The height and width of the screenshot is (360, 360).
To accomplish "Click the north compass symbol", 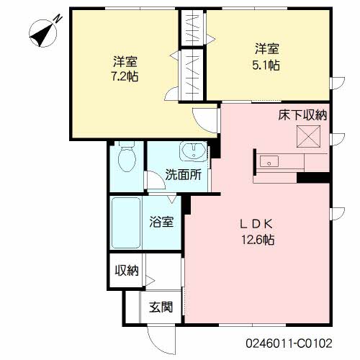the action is click(42, 33).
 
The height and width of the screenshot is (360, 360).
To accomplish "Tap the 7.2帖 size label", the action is click(125, 76).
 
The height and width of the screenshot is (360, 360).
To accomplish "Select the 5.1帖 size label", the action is click(266, 65).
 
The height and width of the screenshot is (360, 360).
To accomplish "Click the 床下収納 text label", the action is click(302, 115).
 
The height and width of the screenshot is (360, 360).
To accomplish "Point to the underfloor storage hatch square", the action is click(308, 136).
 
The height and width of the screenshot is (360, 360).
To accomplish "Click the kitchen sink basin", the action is click(269, 161).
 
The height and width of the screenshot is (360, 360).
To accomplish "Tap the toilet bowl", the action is click(127, 157).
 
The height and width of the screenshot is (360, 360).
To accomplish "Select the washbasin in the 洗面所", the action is click(193, 150).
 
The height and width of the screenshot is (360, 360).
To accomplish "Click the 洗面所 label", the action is click(184, 175).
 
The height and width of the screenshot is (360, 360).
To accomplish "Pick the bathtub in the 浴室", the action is click(125, 223).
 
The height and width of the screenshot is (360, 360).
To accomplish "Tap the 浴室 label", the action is click(161, 222).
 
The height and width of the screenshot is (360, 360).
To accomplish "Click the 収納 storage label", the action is click(127, 271).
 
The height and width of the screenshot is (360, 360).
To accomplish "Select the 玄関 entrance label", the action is click(161, 307).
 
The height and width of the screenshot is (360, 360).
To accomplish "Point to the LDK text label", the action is click(257, 224).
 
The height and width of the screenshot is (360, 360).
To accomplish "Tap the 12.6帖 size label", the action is click(258, 240).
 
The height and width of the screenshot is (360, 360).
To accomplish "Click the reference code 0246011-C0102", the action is click(289, 343).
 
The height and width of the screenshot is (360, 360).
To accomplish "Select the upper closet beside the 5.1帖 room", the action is click(192, 28).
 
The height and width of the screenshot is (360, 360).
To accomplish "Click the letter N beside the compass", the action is click(58, 19).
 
